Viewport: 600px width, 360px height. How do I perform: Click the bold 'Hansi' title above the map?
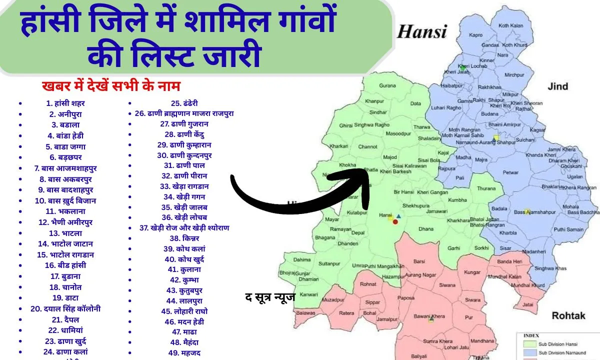coord(421,32)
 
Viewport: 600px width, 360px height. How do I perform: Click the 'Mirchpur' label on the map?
coord(514,75)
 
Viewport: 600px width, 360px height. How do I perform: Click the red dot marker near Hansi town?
coord(395,221)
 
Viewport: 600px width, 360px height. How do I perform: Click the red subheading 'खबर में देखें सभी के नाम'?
coord(110,85)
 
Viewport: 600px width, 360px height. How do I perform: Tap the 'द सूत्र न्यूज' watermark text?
coord(270,297)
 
